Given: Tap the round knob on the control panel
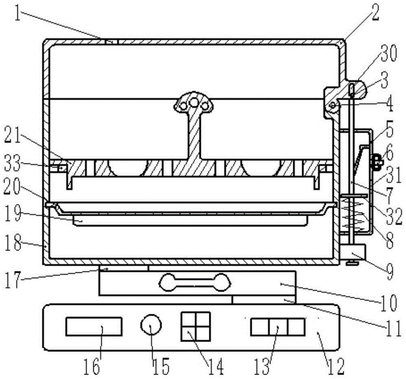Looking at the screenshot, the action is click(x=151, y=325).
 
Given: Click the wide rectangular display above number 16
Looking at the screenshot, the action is click(x=94, y=326).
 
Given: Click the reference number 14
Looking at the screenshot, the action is click(x=216, y=366).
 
